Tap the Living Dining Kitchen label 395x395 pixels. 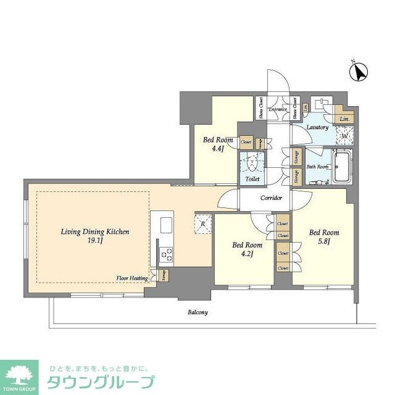point(94,232)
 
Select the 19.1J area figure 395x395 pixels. point(94,243)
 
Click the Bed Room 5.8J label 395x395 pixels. point(324,232)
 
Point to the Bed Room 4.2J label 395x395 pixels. point(244,245)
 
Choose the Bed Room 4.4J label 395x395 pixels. point(218,140)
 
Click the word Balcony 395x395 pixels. point(197,312)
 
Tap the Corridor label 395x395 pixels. point(271,198)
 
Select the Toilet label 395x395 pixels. point(252,179)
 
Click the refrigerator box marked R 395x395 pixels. point(203,225)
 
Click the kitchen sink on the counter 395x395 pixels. point(166,222)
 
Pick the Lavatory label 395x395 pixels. point(317,127)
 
